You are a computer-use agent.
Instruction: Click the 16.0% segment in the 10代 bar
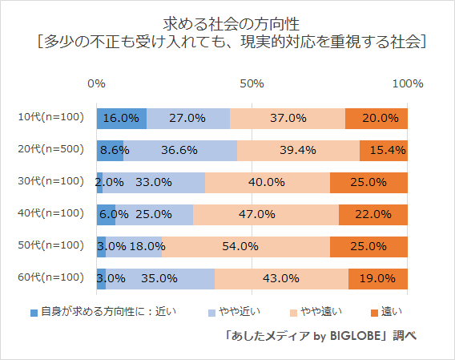(121, 118)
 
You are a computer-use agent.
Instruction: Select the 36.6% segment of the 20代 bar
(179, 150)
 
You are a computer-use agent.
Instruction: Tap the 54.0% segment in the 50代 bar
(246, 246)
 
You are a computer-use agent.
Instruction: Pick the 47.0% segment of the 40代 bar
(265, 214)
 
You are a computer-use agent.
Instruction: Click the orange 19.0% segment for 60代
(378, 278)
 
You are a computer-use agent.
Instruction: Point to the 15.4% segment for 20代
(384, 150)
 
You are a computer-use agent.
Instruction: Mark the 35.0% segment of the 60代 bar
(160, 278)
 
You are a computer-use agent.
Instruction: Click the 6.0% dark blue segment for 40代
(106, 214)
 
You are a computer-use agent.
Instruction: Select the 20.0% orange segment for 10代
(376, 118)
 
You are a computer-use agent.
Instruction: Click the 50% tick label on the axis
(252, 83)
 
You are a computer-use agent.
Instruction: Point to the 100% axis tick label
(407, 83)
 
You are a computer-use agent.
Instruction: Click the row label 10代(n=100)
(50, 118)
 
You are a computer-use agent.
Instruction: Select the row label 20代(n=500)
(50, 150)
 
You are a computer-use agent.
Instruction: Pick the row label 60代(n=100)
(50, 278)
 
